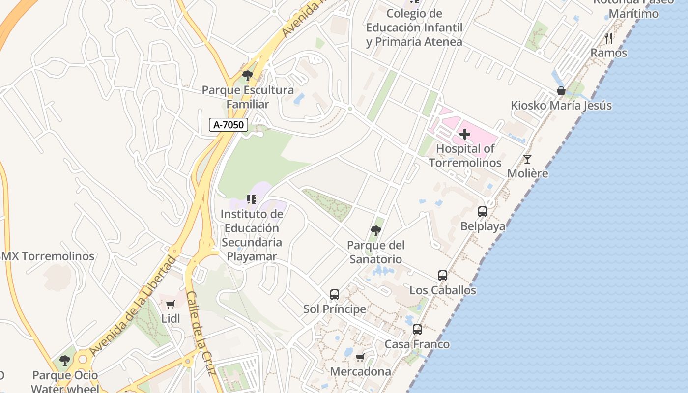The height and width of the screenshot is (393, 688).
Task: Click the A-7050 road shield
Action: (229, 125)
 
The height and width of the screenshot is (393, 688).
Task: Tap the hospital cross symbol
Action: (464, 134)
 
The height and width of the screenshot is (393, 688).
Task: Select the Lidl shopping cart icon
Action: (170, 305)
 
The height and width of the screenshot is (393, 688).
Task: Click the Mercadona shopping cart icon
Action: (360, 358)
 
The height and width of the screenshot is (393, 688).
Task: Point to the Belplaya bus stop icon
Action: (483, 212)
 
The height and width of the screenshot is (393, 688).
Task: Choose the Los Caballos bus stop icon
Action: (443, 276)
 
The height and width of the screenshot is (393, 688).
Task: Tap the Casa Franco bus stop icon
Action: (417, 330)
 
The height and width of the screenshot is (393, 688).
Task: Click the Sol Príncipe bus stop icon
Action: (335, 295)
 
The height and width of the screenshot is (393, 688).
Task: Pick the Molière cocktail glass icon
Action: (527, 159)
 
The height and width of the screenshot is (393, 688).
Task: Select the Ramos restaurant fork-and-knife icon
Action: (608, 38)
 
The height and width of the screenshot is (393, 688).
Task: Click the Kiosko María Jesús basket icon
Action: (561, 91)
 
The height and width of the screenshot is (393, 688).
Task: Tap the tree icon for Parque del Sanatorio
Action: (376, 230)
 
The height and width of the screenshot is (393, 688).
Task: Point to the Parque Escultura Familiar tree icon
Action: (248, 76)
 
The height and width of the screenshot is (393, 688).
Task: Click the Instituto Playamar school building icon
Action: (252, 199)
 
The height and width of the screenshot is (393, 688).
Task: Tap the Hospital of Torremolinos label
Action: (465, 156)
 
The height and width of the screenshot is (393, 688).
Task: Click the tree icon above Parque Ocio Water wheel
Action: (65, 361)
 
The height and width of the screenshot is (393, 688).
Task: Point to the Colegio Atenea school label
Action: (414, 28)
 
